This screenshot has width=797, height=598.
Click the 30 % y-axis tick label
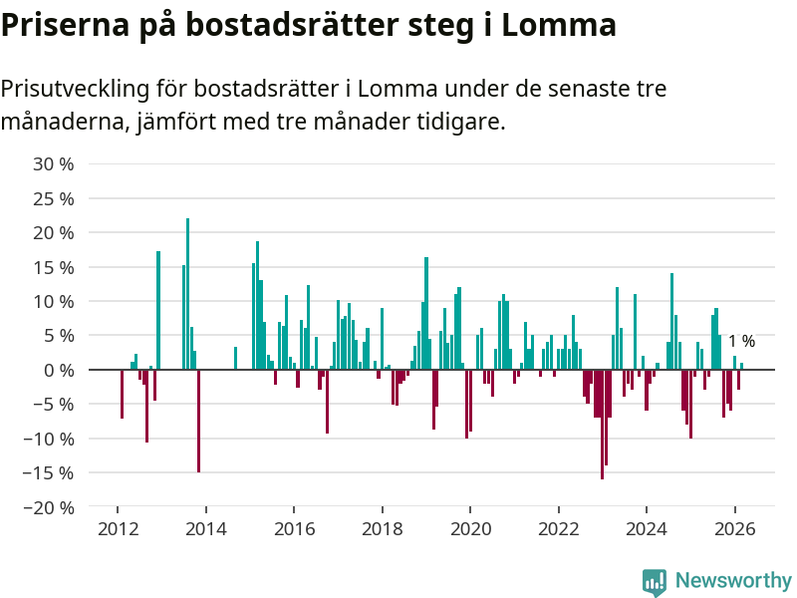(54, 163)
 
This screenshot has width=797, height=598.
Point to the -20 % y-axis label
(50, 507)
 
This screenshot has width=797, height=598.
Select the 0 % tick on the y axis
(59, 370)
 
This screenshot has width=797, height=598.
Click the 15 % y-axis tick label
(54, 267)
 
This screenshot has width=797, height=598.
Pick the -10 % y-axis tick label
(50, 439)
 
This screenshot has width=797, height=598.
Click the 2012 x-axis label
(118, 530)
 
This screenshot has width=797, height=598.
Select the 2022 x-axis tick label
(558, 530)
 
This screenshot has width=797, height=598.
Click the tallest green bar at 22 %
(187, 294)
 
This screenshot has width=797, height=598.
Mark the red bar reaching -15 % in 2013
(198, 421)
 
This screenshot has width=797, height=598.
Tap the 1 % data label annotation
(741, 341)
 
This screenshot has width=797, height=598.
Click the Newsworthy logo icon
(655, 582)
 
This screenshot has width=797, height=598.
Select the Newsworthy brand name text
(733, 580)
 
